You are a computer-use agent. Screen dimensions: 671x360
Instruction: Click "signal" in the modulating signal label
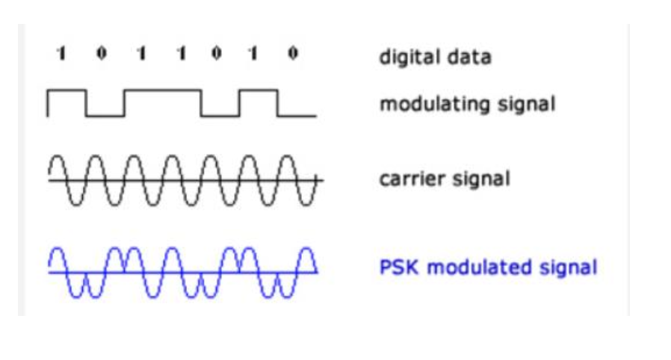click(x=526, y=105)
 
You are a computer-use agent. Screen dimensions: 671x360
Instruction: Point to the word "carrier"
click(x=412, y=179)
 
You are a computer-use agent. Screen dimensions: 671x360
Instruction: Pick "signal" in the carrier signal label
click(x=481, y=179)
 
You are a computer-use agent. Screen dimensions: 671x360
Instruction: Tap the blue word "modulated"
click(x=479, y=267)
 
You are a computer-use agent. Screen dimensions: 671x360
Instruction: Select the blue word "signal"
click(x=568, y=268)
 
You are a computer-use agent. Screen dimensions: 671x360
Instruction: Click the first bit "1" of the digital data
click(x=61, y=54)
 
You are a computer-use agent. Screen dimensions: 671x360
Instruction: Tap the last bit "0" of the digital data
click(x=293, y=53)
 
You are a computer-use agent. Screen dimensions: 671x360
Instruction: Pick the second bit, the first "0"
click(x=102, y=53)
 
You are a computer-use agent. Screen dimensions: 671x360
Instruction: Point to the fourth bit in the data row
click(x=182, y=54)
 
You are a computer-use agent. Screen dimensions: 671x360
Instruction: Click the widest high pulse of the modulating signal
click(x=163, y=90)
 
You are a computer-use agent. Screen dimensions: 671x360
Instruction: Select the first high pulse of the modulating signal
click(x=67, y=90)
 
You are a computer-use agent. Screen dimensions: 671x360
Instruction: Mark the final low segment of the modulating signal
click(x=297, y=116)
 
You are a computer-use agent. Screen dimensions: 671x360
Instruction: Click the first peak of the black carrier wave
click(x=58, y=156)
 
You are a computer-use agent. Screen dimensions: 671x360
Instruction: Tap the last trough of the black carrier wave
click(x=306, y=205)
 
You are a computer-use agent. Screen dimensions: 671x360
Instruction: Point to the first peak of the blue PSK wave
click(x=58, y=248)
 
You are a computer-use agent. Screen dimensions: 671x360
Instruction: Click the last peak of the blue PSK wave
click(x=307, y=248)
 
